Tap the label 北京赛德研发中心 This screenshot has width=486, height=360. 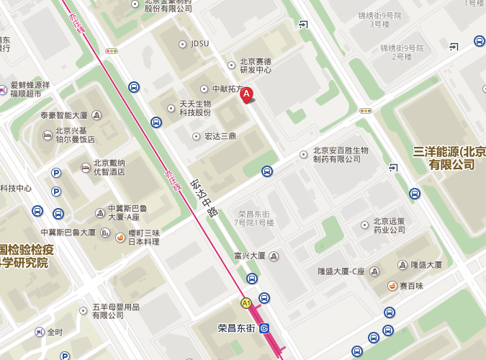(x=256, y=66)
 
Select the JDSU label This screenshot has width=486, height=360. (x=199, y=43)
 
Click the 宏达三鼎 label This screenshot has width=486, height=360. (x=220, y=136)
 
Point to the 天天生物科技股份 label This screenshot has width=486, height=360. (x=195, y=108)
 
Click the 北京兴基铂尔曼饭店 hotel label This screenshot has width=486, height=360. (x=75, y=135)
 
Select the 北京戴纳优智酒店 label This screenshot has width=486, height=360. (x=109, y=168)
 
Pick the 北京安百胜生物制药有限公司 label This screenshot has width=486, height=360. (x=340, y=155)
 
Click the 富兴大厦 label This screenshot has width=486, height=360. (x=250, y=256)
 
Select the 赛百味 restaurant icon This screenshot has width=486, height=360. (x=393, y=285)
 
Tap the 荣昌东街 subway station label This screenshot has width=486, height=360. (x=237, y=328)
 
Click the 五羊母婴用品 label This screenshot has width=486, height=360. (x=115, y=311)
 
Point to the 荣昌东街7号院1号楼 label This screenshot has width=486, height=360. (x=256, y=218)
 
